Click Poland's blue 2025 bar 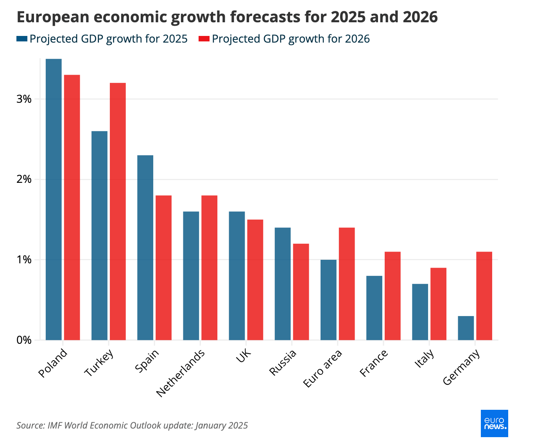point(54,199)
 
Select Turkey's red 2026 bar point(118,211)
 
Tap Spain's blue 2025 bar point(145,248)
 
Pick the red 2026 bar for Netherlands point(209,268)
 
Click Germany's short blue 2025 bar point(466,328)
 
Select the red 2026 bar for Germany point(484,296)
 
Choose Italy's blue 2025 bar point(420,312)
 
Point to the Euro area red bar point(347,284)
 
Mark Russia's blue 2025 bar point(283,284)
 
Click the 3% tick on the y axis point(24,99)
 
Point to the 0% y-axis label point(24,340)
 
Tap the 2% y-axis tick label point(24,180)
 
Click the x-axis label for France point(374,363)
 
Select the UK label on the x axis point(244,357)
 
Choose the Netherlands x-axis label point(181,373)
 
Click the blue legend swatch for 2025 point(22,39)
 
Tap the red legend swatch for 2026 point(204,39)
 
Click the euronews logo point(494,423)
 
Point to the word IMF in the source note point(55,425)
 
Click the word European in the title point(50,17)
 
